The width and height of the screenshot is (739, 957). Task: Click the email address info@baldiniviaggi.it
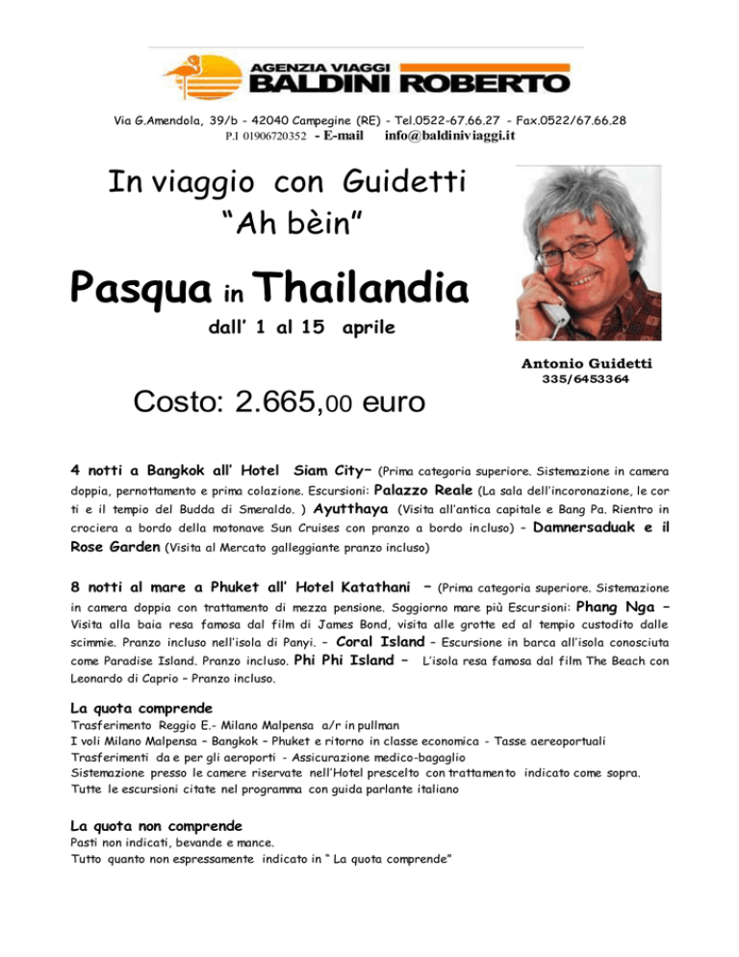[450, 136]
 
